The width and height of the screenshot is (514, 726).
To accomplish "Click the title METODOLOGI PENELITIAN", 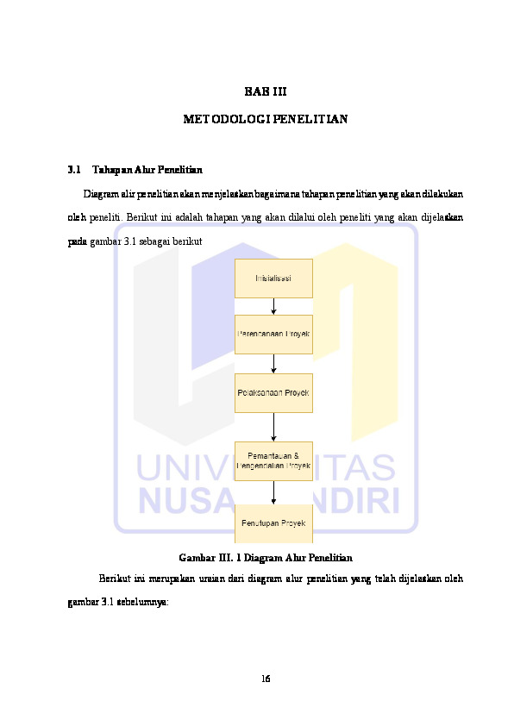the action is point(265,119).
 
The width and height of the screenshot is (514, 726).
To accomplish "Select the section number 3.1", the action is point(73,169).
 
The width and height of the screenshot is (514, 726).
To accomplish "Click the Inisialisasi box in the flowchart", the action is point(273,278).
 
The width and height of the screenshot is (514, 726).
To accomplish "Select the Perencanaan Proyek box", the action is point(273,334).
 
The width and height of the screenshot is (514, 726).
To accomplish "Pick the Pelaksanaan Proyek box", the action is point(273,392).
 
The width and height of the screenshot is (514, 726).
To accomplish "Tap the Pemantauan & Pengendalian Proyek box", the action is point(273,460).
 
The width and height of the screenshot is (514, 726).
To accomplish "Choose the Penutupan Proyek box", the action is point(273,523).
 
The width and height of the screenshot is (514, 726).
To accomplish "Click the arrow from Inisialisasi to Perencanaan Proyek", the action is point(273,306).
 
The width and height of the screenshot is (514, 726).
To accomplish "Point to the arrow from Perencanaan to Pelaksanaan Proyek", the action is point(273,363).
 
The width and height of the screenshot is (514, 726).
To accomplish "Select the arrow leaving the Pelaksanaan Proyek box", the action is point(273,427).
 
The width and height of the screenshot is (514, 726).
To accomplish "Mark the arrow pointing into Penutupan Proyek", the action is point(273,492).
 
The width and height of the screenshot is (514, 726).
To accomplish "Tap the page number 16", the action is point(266,679).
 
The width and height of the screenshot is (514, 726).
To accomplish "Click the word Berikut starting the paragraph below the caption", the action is point(114,578).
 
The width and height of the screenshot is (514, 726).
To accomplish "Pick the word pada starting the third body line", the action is point(77,241).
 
